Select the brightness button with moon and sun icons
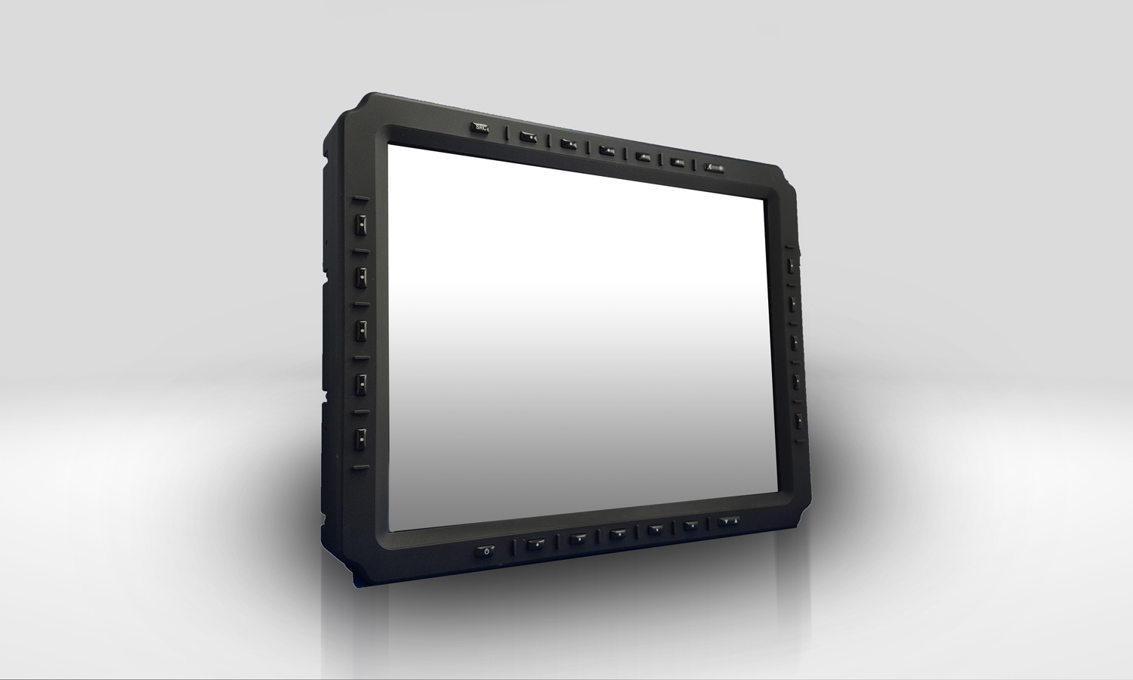click(715, 168)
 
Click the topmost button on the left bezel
click(362, 224)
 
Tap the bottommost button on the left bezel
click(362, 437)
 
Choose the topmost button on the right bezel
click(792, 266)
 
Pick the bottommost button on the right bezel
click(797, 419)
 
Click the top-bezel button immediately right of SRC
click(528, 138)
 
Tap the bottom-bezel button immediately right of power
click(536, 543)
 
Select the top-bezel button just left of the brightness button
click(678, 162)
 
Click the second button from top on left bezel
click(362, 276)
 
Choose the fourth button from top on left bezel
click(362, 383)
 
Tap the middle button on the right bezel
click(795, 342)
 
